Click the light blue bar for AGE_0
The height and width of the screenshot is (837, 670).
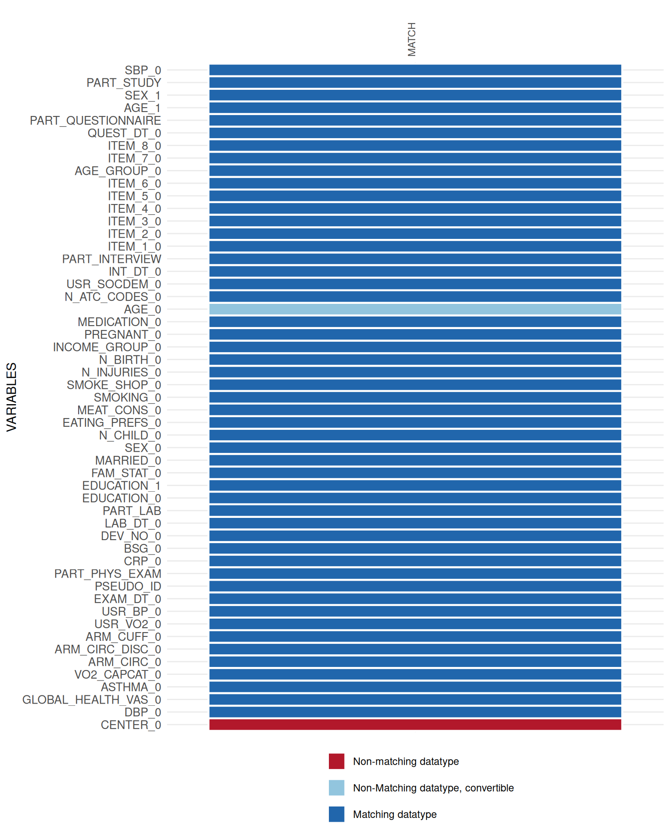coord(415,309)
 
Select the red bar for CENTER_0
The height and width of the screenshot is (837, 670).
coord(415,725)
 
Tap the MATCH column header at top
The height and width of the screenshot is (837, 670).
coord(412,39)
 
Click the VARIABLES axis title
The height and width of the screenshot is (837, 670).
coord(12,397)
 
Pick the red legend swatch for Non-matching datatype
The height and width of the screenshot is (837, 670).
coord(336,761)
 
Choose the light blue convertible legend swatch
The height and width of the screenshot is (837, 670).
coord(336,788)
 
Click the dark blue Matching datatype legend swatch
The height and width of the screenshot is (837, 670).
coord(336,814)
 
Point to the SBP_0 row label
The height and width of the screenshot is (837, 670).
coord(143,70)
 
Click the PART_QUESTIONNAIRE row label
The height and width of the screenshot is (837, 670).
coord(95,120)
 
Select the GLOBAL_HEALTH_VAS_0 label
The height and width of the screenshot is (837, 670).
coord(92,700)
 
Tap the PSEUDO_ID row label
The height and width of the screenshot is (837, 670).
coord(128,586)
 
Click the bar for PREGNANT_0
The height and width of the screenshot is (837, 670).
coord(415,334)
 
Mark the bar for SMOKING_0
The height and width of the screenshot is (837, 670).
coord(415,397)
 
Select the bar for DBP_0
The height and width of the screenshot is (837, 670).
coord(415,712)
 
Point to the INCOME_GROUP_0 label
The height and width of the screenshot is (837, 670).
coord(107,347)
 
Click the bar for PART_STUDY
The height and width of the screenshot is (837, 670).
coord(415,82)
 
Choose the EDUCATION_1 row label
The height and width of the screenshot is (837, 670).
coord(121,486)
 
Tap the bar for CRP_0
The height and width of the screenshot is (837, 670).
coord(415,561)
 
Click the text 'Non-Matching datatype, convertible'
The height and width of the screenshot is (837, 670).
coord(433,788)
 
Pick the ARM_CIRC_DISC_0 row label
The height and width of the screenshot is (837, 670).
coord(108,649)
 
